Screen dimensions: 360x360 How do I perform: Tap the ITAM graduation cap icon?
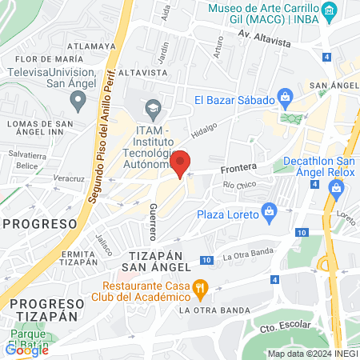tap(152, 107)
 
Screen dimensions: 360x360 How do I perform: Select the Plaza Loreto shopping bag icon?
tap(270, 213)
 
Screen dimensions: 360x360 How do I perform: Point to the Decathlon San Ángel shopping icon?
tap(336, 189)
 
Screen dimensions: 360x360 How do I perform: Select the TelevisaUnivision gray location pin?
tap(78, 101)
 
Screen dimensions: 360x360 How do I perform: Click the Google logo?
tap(26, 349)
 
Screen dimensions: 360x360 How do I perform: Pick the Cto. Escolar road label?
tap(286, 328)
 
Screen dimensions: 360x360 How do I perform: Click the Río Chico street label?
tap(240, 185)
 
